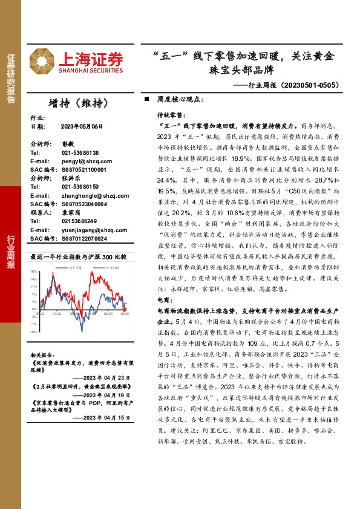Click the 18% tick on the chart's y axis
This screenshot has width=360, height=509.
pos(34,271)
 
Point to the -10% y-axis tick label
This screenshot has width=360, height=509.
pos(34,331)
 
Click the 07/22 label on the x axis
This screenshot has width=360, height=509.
pos(57,314)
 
